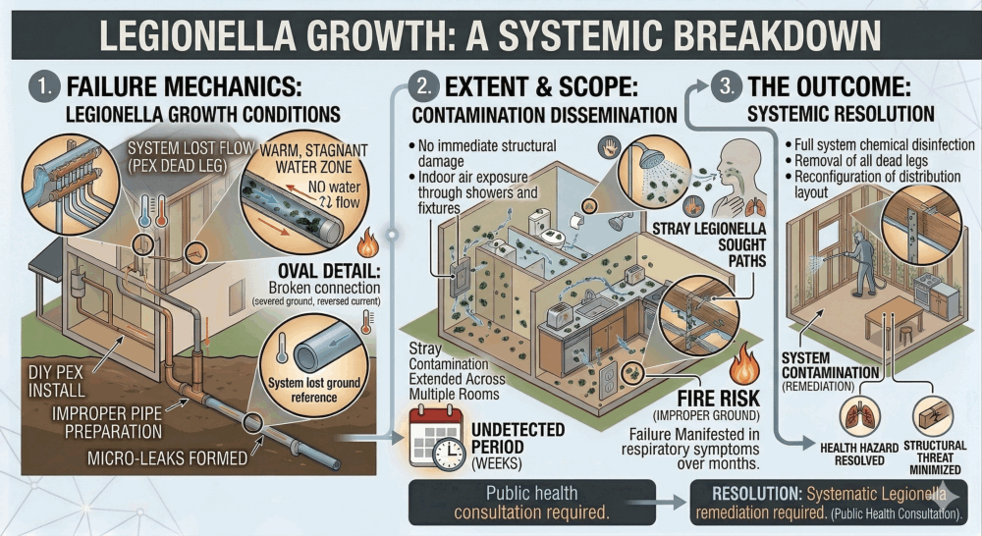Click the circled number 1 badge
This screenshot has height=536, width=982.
click(x=44, y=86)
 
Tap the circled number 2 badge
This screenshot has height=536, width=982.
click(x=423, y=85)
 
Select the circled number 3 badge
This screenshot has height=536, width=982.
click(x=727, y=85)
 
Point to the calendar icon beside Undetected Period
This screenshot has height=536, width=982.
click(x=437, y=438)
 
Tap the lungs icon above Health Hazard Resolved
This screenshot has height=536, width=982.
click(x=859, y=416)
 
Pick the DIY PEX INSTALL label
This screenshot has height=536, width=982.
click(x=56, y=381)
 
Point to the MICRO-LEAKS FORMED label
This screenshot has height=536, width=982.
click(x=167, y=458)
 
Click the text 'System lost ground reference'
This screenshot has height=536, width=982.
click(x=314, y=390)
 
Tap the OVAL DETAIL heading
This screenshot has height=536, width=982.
click(x=329, y=271)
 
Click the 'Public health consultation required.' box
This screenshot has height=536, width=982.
click(x=531, y=503)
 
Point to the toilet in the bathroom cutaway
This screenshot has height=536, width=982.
click(x=539, y=225)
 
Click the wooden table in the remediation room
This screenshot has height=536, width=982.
click(x=894, y=316)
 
